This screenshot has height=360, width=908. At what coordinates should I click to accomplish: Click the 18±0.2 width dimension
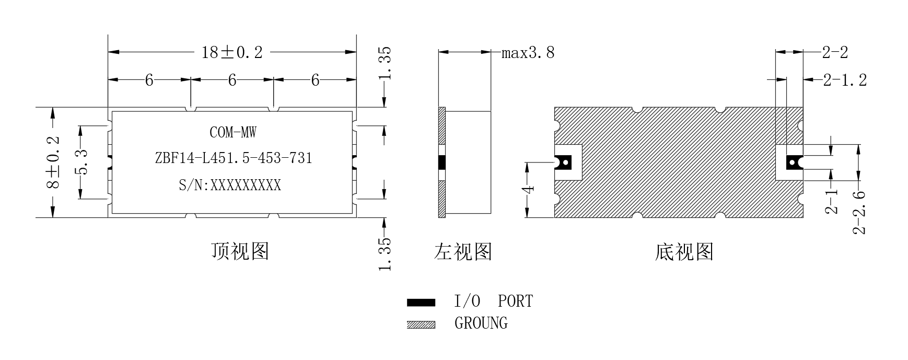click(232, 52)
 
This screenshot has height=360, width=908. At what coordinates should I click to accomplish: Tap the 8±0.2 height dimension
click(53, 163)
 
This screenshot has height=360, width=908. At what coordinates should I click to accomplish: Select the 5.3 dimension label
click(80, 162)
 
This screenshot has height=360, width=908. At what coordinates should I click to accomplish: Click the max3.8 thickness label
click(528, 53)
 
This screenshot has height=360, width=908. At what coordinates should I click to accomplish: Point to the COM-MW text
click(233, 132)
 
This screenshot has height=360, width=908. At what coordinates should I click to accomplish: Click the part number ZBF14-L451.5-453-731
click(234, 158)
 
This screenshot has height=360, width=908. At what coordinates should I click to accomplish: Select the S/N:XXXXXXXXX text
click(230, 185)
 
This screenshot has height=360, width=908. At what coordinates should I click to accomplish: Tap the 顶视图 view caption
click(240, 251)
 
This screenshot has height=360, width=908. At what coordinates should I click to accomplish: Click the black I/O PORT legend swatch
click(421, 302)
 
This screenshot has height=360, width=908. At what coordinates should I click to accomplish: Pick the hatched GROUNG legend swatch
click(421, 324)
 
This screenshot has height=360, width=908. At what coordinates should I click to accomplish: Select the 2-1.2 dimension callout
click(845, 80)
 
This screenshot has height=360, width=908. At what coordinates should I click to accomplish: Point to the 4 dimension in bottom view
click(530, 189)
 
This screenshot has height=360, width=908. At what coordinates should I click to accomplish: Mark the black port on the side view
click(441, 162)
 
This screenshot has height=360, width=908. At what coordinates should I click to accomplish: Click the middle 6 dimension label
click(232, 80)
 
